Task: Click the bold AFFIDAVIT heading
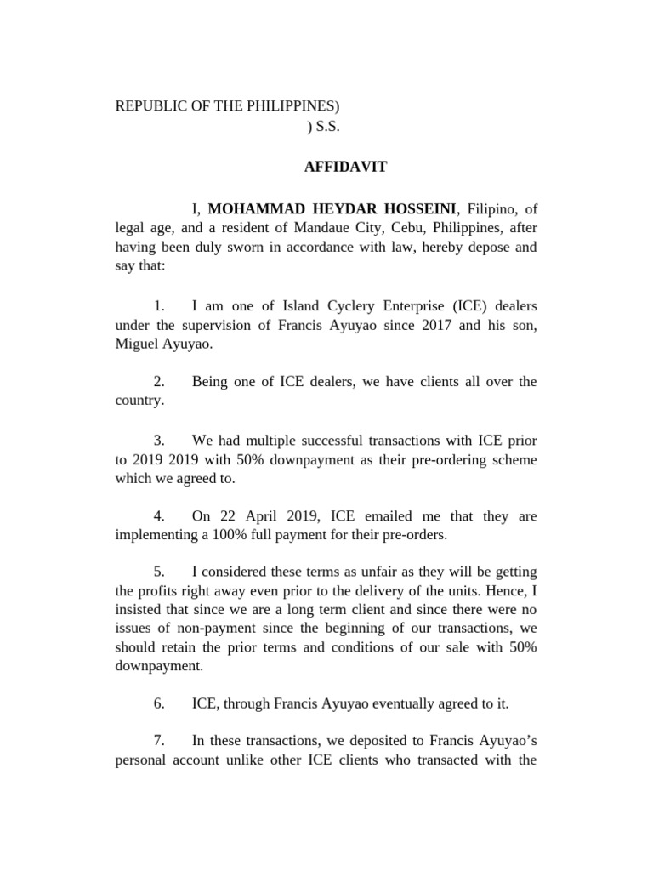click(345, 168)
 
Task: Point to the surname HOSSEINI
click(416, 209)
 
